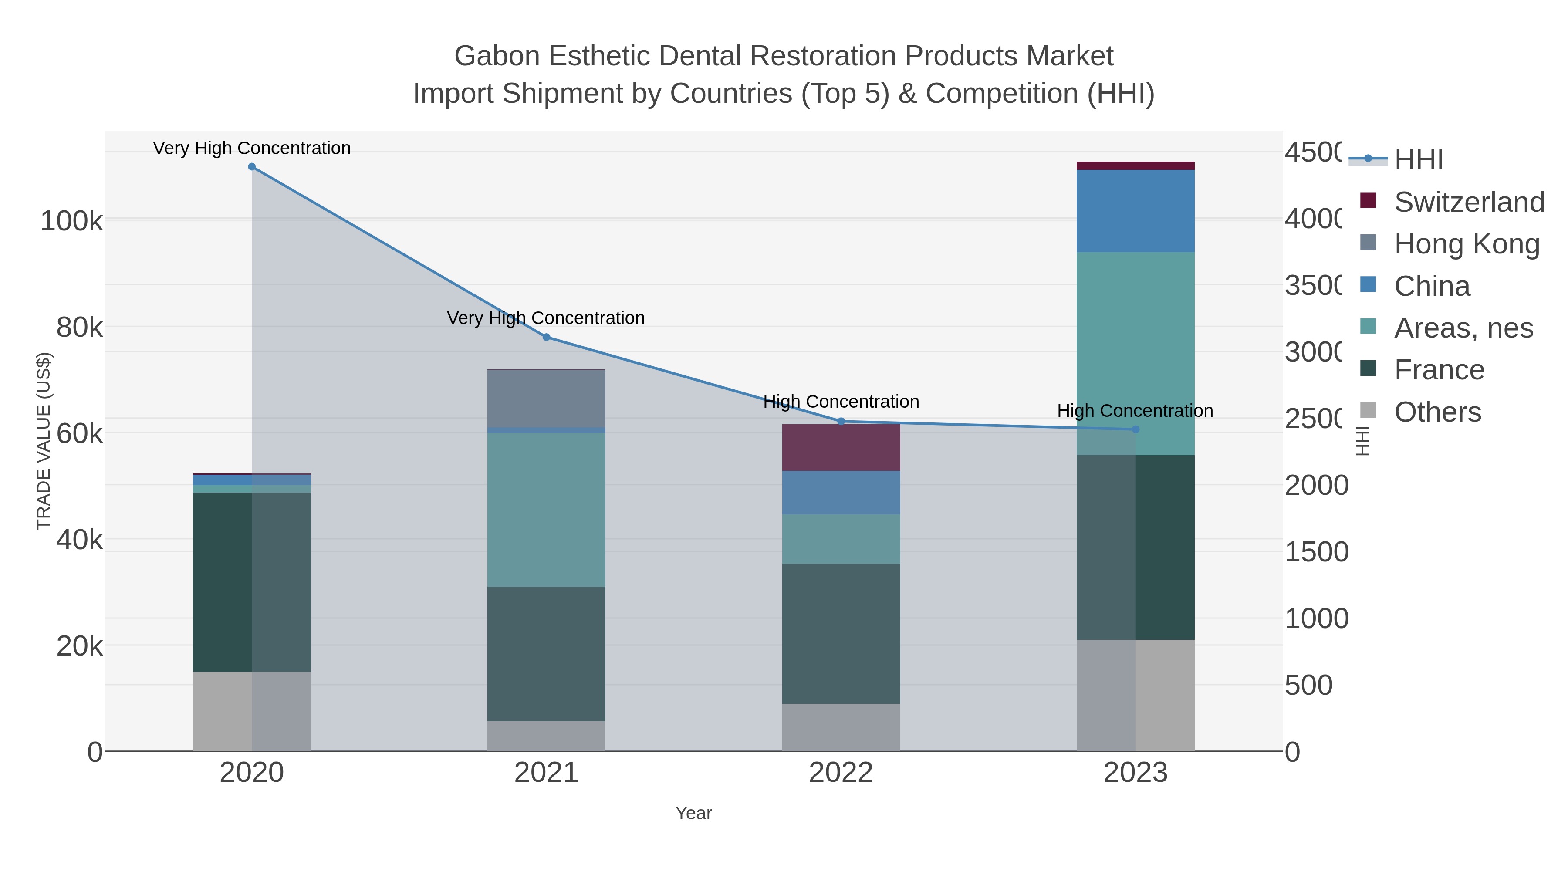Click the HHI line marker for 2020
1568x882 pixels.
pyautogui.click(x=252, y=167)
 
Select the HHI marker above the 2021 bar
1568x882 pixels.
pyautogui.click(x=546, y=337)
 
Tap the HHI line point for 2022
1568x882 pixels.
pyautogui.click(x=841, y=421)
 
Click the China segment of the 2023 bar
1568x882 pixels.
pyautogui.click(x=1136, y=211)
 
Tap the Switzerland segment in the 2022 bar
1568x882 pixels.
pyautogui.click(x=841, y=447)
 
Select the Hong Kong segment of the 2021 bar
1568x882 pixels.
pyautogui.click(x=546, y=398)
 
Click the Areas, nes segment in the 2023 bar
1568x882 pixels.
pyautogui.click(x=1136, y=353)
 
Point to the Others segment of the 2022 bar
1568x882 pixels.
pyautogui.click(x=841, y=727)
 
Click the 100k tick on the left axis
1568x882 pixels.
pyautogui.click(x=71, y=221)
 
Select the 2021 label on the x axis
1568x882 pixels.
pyautogui.click(x=546, y=773)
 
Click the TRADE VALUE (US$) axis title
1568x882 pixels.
pyautogui.click(x=44, y=441)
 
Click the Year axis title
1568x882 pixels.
pyautogui.click(x=693, y=813)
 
